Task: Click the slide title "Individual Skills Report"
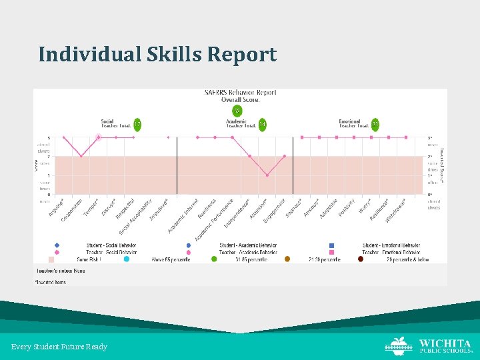coord(157,54)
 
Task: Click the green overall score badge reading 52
coord(237,111)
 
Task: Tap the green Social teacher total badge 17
coord(137,124)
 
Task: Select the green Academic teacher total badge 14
coord(262,124)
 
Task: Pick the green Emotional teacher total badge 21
coord(375,124)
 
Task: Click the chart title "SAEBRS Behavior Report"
coord(240,93)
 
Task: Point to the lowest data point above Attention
coord(267,175)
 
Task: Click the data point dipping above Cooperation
coord(81,156)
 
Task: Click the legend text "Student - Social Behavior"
coord(111,245)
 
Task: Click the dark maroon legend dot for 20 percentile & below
coord(361,259)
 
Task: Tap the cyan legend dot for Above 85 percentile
coord(127,259)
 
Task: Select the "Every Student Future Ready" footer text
coord(59,347)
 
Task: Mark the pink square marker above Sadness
coord(302,137)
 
